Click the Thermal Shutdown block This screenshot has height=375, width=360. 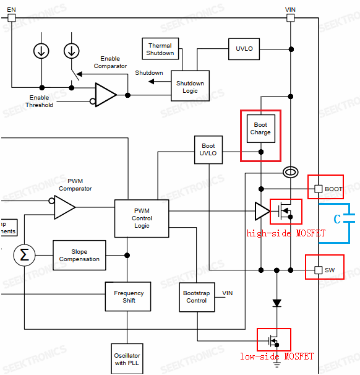point(160,49)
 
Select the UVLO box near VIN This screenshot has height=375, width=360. point(244,49)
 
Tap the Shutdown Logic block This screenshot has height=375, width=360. point(190,87)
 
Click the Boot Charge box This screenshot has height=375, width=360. point(260,129)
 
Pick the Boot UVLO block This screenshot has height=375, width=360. point(209,150)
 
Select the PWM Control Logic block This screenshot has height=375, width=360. point(142,218)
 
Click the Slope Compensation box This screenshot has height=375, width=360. point(79,256)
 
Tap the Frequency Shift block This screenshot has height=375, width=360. point(129,297)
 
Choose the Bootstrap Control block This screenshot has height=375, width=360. point(197,297)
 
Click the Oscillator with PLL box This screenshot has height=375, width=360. point(127,359)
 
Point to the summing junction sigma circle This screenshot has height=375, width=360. point(25,255)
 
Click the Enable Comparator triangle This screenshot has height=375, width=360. point(106,95)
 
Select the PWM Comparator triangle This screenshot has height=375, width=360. point(64,208)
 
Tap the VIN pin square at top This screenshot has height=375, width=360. point(290,17)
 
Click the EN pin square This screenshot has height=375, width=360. point(11,17)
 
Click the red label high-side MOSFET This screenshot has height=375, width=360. point(285,233)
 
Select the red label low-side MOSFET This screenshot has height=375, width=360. point(276,356)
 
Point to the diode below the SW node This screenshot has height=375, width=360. point(276,303)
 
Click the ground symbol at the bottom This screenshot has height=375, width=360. point(276,365)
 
